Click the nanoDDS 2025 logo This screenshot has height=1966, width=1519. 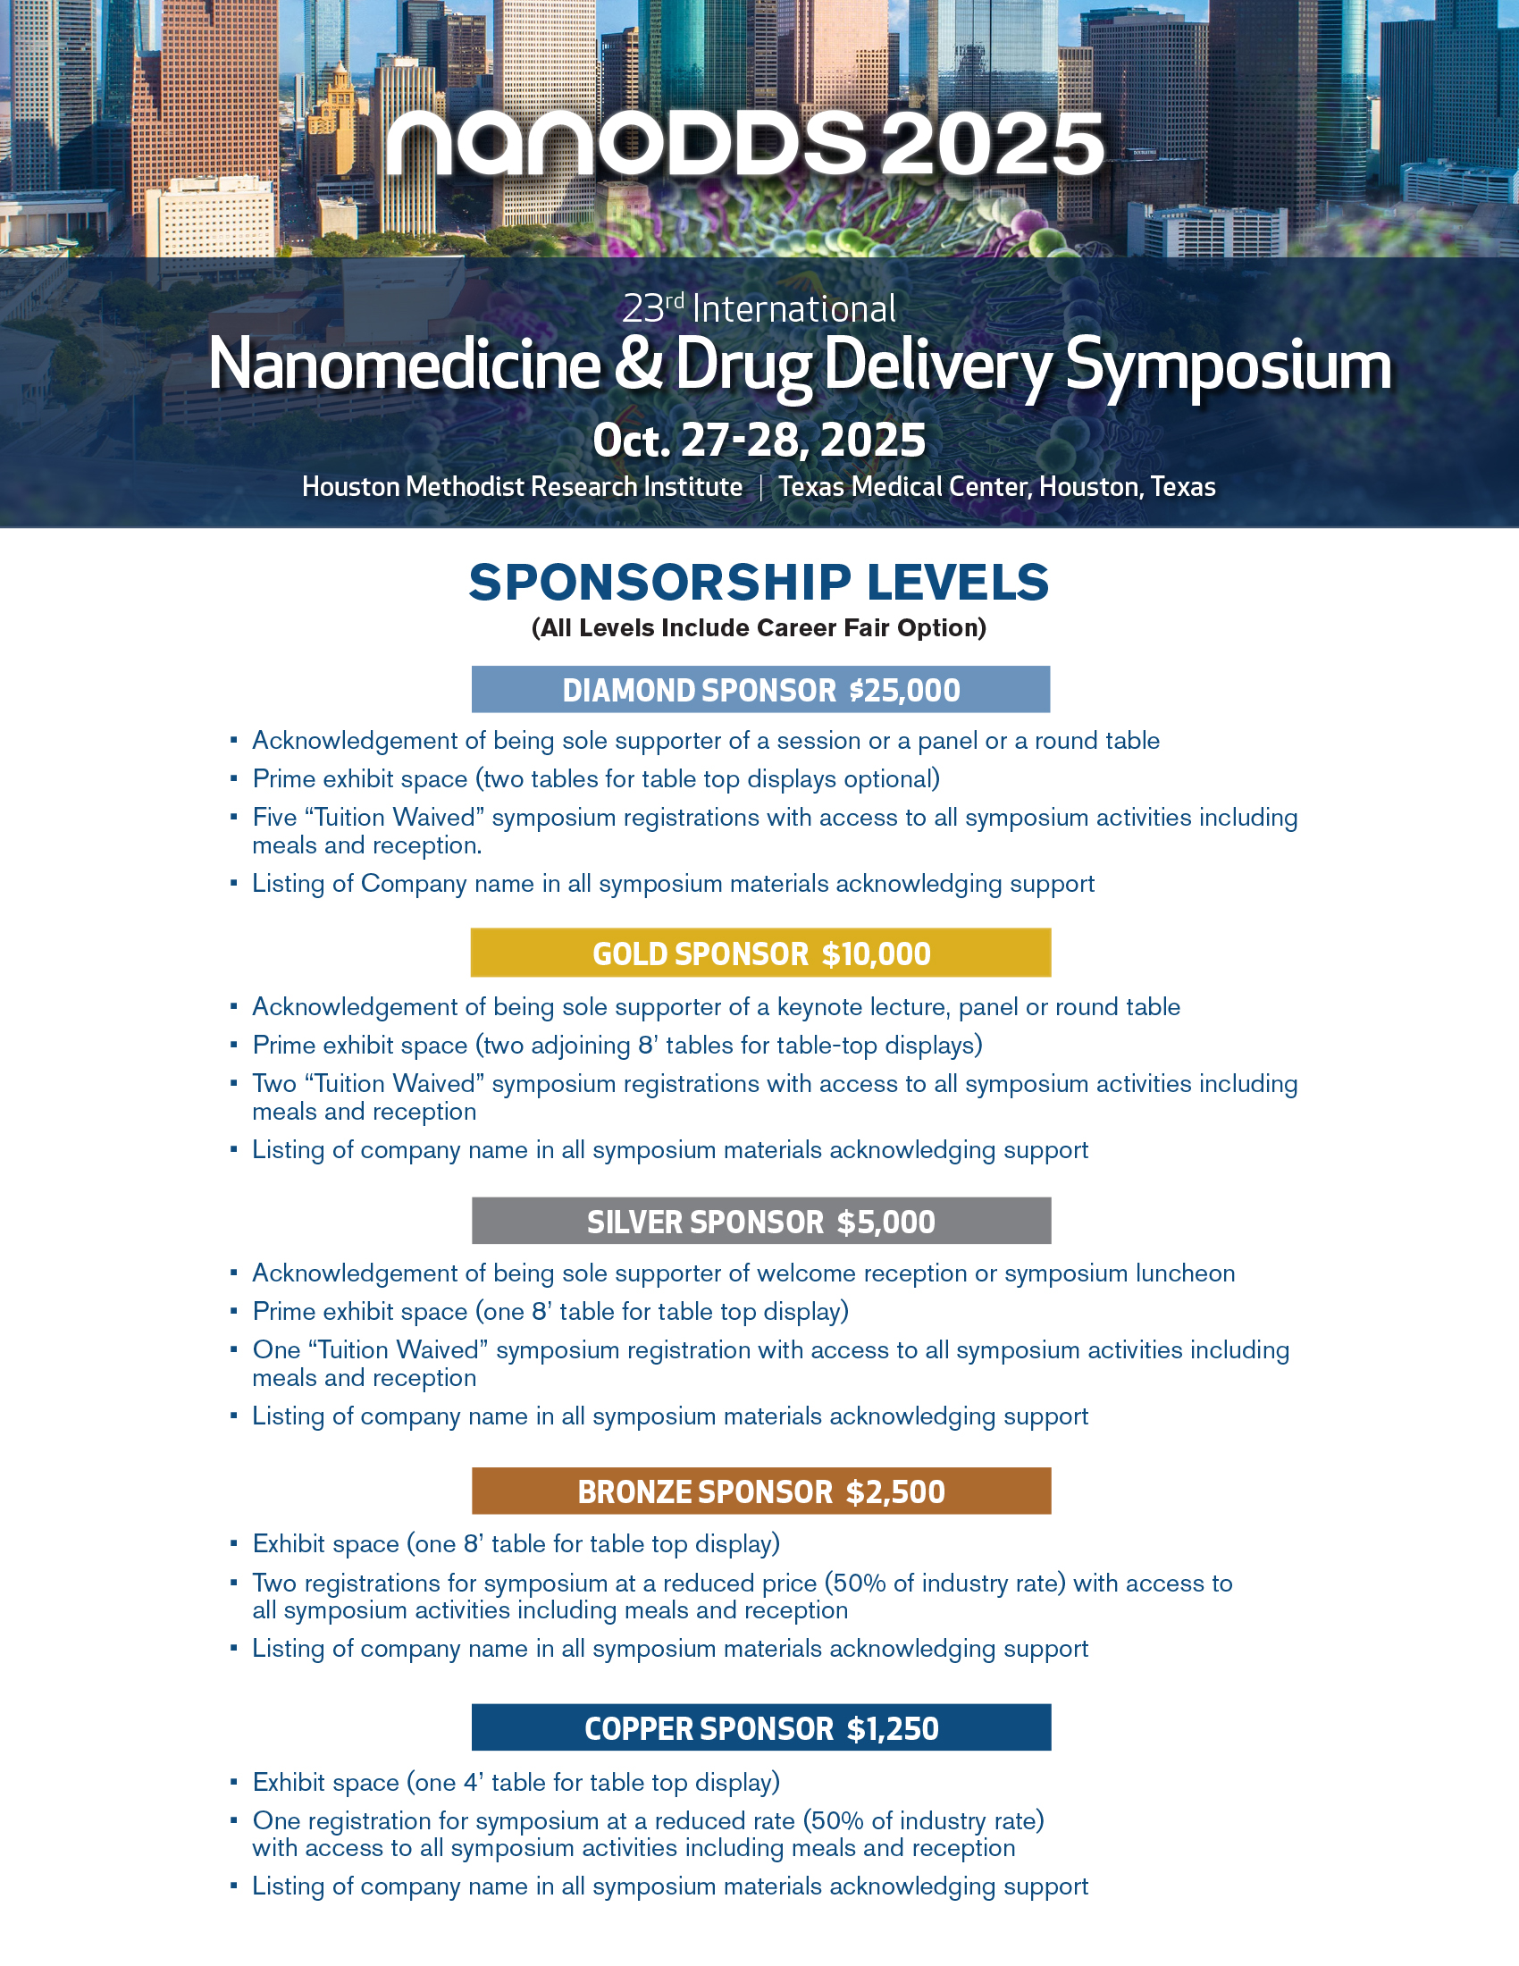(x=745, y=144)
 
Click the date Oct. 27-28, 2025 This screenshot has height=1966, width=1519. (x=759, y=441)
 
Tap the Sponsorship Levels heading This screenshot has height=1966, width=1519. (x=759, y=583)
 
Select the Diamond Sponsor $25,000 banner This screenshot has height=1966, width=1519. (x=760, y=690)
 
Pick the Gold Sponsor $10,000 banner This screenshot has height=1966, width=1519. (x=760, y=954)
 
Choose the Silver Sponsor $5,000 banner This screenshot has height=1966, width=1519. (x=760, y=1222)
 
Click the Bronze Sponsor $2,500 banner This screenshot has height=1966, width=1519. (x=760, y=1491)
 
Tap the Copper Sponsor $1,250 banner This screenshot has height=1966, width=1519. (x=760, y=1728)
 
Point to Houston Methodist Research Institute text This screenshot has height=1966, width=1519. (x=522, y=487)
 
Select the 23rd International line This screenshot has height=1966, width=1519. (x=759, y=309)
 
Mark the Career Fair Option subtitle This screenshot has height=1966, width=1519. (x=759, y=627)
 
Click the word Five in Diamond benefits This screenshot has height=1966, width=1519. (x=274, y=818)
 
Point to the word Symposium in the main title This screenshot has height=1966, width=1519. (x=1229, y=365)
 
